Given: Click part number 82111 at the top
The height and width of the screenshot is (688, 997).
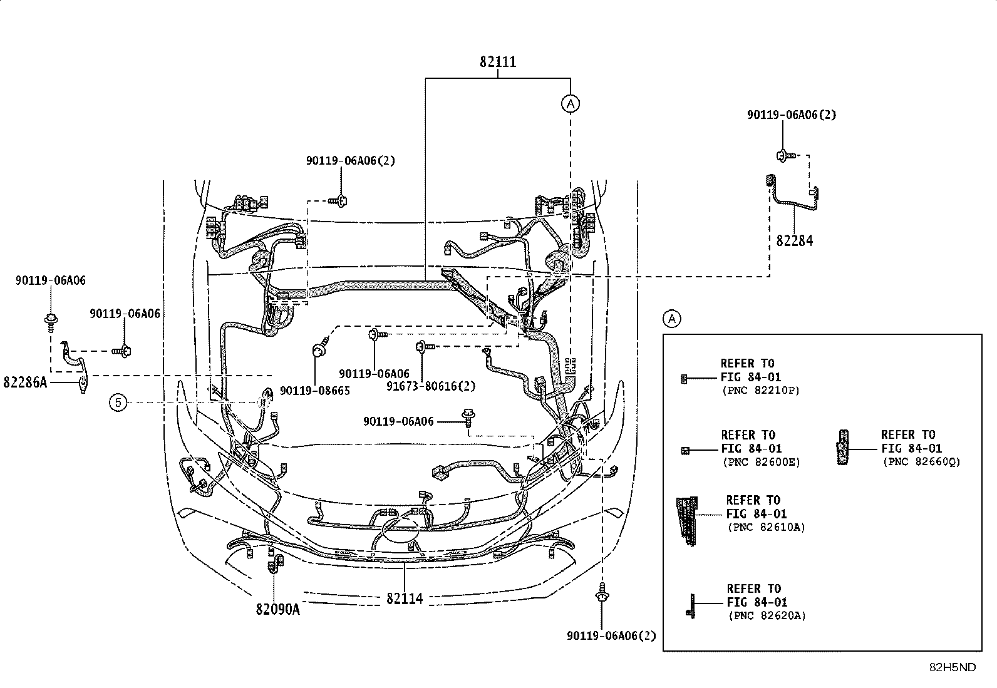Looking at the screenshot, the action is tap(498, 61).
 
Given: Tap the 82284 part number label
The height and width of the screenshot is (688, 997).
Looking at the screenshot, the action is tap(795, 241).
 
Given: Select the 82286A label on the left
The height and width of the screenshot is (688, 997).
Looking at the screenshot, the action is tap(25, 383).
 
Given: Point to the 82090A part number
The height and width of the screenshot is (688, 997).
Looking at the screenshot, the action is tap(277, 609).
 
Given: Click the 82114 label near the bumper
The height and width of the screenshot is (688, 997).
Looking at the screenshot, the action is tap(405, 599).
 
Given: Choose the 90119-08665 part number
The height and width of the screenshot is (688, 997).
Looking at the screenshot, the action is tap(314, 391).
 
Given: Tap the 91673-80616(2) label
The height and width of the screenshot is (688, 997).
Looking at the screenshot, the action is tap(431, 386).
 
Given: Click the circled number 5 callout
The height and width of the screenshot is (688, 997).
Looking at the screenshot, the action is tap(118, 403).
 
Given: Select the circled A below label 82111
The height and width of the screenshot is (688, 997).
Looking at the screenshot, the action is tap(571, 104).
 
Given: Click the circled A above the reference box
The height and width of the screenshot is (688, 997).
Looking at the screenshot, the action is tap(671, 319).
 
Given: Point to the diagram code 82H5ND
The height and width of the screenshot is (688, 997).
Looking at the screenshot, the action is tap(953, 667).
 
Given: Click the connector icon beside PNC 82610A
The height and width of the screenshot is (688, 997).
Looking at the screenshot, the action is tap(687, 521).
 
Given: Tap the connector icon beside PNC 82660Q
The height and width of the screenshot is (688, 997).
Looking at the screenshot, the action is tap(842, 447).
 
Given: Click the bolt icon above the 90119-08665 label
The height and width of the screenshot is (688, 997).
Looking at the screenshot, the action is tap(321, 347).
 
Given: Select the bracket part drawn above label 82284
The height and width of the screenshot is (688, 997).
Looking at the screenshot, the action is tap(792, 193).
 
